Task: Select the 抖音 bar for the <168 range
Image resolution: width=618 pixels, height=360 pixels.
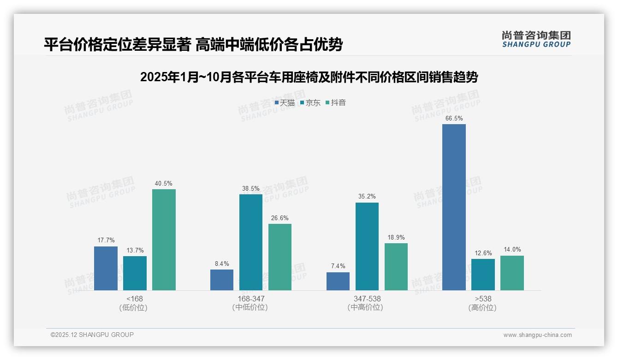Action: coord(164,240)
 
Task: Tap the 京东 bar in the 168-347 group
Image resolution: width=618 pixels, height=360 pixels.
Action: coord(250,242)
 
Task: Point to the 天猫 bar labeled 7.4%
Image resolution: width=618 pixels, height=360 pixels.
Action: coord(338,281)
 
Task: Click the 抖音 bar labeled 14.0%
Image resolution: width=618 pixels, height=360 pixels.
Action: coord(512,273)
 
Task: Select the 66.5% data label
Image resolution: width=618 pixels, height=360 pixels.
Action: coord(454,119)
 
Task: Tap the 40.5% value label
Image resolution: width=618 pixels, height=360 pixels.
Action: coord(164,184)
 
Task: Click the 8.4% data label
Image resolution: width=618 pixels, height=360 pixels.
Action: coord(221,264)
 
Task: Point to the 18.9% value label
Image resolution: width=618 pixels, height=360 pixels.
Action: coord(396,238)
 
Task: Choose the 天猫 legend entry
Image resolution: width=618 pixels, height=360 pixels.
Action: coord(285,103)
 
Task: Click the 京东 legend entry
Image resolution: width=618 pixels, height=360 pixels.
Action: coord(310,103)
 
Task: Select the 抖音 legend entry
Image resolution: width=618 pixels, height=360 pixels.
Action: coord(336,103)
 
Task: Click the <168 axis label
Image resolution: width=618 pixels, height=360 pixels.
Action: coord(135,299)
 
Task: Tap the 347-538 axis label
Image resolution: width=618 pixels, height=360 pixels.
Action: coord(367,299)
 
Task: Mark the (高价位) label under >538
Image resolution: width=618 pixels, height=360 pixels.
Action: coord(483,308)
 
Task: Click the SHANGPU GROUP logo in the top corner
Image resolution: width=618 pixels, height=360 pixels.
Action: coord(536,39)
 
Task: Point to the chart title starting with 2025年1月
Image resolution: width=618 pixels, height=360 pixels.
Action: coord(309,77)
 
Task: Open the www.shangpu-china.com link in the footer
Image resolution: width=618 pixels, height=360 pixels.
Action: coord(537,335)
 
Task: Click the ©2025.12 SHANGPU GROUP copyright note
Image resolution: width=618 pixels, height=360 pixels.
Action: coord(92,335)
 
